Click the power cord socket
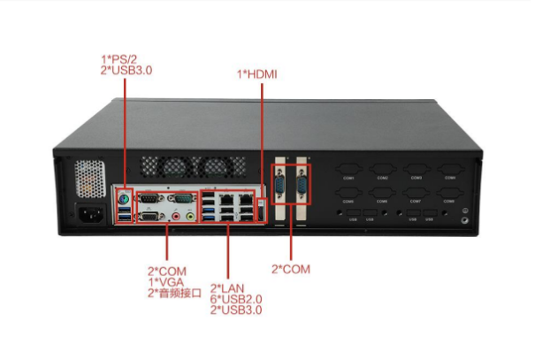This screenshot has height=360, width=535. point(90,213)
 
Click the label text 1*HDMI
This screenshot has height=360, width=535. point(257,74)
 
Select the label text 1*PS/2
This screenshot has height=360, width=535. point(119,59)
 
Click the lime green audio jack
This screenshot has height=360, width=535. point(189,215)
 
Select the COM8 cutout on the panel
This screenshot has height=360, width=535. point(450,197)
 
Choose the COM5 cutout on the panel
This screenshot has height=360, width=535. point(348,197)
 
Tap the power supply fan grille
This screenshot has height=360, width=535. point(89,178)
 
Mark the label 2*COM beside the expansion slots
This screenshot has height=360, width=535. point(291,268)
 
